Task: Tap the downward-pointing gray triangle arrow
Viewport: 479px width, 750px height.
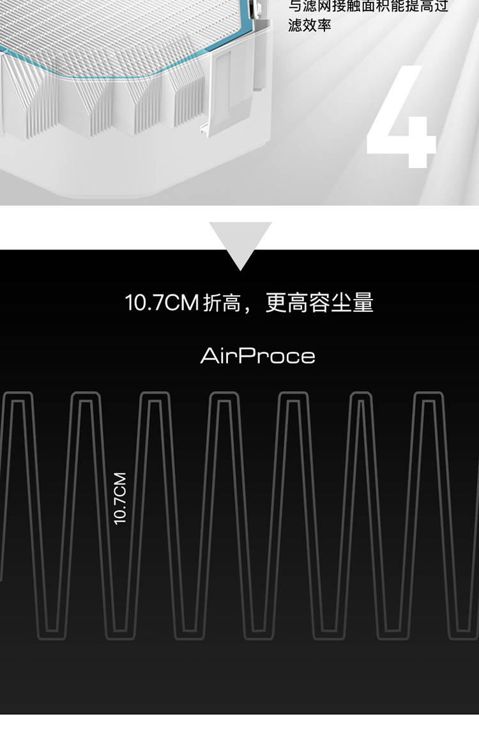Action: [240, 243]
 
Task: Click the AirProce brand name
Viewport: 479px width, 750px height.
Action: [257, 355]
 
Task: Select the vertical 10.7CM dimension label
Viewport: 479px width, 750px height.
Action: [120, 498]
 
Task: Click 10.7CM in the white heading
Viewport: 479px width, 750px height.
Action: [162, 302]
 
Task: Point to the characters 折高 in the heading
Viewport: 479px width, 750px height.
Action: [222, 303]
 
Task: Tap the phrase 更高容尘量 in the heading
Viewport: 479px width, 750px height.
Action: [319, 302]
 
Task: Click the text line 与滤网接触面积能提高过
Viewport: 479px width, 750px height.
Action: [369, 6]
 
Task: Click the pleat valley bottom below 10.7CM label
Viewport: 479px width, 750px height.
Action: [120, 634]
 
